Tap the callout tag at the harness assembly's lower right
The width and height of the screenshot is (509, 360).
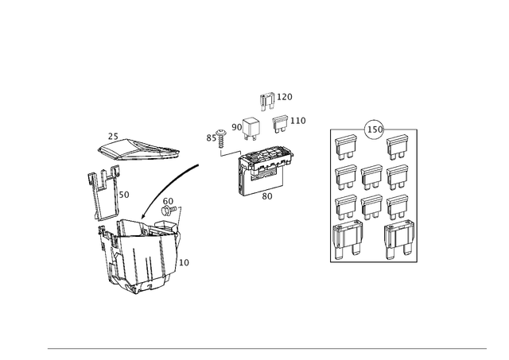pyautogui.click(x=186, y=261)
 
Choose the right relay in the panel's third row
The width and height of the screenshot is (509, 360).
pyautogui.click(x=397, y=205)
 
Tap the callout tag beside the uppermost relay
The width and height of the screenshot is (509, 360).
pyautogui.click(x=289, y=96)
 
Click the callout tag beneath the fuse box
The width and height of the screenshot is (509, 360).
pyautogui.click(x=268, y=193)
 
